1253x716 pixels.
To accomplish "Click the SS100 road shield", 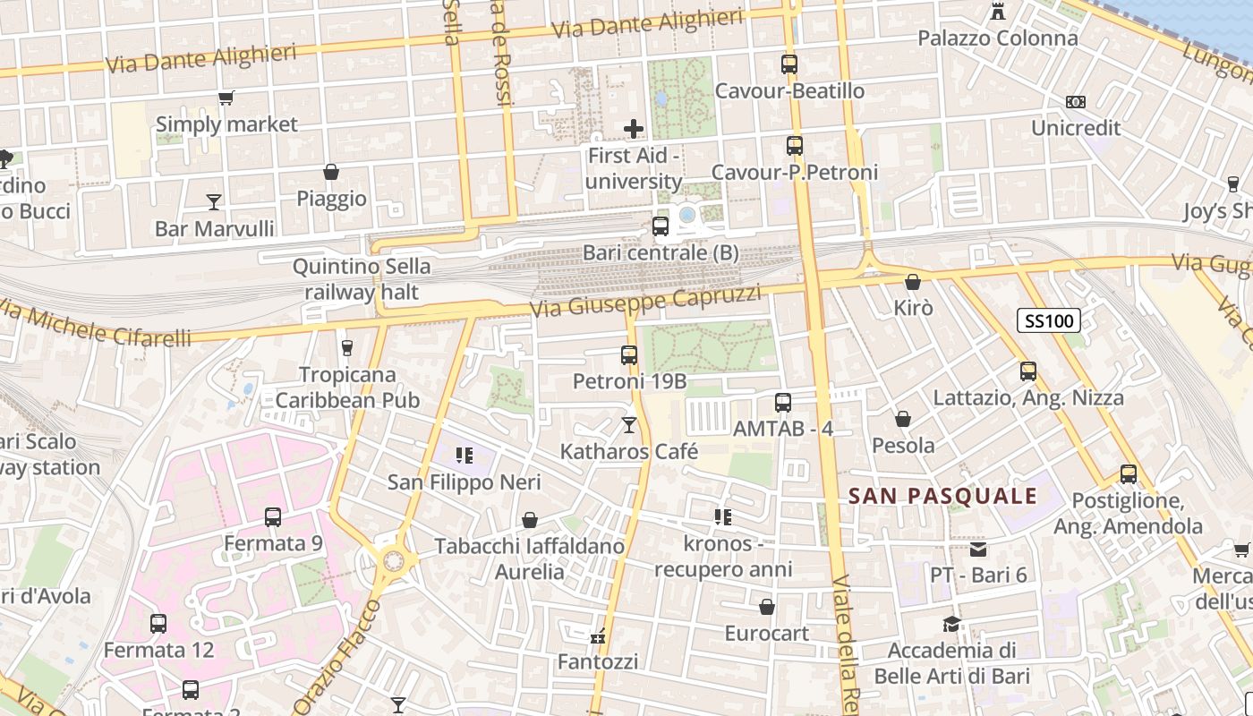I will tap(1049, 320).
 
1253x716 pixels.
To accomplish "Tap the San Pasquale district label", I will tap(942, 496).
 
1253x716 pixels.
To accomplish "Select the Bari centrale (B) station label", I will tap(661, 252).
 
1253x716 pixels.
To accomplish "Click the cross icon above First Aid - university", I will tap(634, 129).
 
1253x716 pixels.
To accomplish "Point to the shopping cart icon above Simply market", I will tap(226, 98).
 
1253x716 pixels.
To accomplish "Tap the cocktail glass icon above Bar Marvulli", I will tap(214, 201).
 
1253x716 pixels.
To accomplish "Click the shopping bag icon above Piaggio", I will tap(331, 172).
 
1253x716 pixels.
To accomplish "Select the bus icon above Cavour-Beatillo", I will tap(788, 64).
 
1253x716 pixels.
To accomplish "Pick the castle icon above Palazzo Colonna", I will tap(997, 12).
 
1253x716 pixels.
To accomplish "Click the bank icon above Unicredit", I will tap(1076, 102).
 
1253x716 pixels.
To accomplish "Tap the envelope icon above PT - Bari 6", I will tap(978, 549).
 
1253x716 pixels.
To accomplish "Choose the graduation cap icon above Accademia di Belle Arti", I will tap(951, 624).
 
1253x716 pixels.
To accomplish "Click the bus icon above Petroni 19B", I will tap(629, 355).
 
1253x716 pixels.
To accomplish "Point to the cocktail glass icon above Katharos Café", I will tap(629, 424).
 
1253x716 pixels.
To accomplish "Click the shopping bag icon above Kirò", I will tap(913, 282).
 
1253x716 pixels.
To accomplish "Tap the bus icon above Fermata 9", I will tap(273, 516).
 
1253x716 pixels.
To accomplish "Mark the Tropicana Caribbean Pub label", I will tap(347, 387).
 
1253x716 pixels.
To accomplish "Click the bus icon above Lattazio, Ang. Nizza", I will tap(1027, 371).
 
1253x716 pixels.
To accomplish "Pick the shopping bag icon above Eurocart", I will tap(767, 607).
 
